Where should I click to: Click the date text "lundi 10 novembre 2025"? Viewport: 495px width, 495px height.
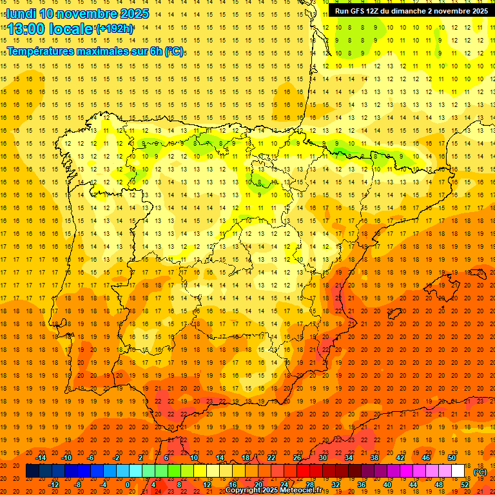78,14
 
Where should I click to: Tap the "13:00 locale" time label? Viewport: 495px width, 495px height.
50,28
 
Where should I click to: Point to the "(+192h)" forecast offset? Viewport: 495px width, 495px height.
115,28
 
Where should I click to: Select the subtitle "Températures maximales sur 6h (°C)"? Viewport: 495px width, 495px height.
95,51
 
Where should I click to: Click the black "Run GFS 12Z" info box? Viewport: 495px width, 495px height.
411,11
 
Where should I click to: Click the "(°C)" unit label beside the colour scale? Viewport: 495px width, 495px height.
480,471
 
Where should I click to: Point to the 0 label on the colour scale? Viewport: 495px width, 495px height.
127,485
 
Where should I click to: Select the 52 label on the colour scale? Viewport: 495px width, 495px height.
465,485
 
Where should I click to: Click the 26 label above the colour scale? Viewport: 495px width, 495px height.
296,458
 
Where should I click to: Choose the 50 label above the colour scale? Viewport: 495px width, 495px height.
452,458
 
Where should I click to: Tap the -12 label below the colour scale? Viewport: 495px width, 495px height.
54,485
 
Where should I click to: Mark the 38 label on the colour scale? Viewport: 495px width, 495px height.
374,458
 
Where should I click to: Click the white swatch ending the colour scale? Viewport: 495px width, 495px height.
458,471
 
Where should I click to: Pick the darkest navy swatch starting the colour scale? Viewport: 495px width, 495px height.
32,471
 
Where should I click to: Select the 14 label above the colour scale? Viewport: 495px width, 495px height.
219,458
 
